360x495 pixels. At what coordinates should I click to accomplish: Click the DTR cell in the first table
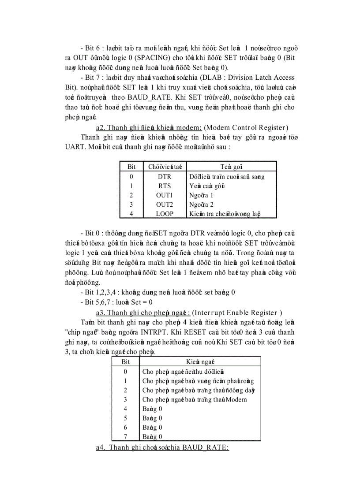pos(164,176)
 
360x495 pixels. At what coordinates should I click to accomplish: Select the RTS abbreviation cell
pos(164,186)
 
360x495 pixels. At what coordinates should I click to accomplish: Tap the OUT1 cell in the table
pos(164,195)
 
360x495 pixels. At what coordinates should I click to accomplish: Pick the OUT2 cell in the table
pos(164,204)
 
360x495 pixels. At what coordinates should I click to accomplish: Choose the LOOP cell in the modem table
pos(164,213)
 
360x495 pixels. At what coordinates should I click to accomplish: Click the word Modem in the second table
pos(236,399)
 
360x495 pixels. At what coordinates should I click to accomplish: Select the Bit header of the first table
pos(131,167)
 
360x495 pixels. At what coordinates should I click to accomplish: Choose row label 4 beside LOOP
pos(131,213)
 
